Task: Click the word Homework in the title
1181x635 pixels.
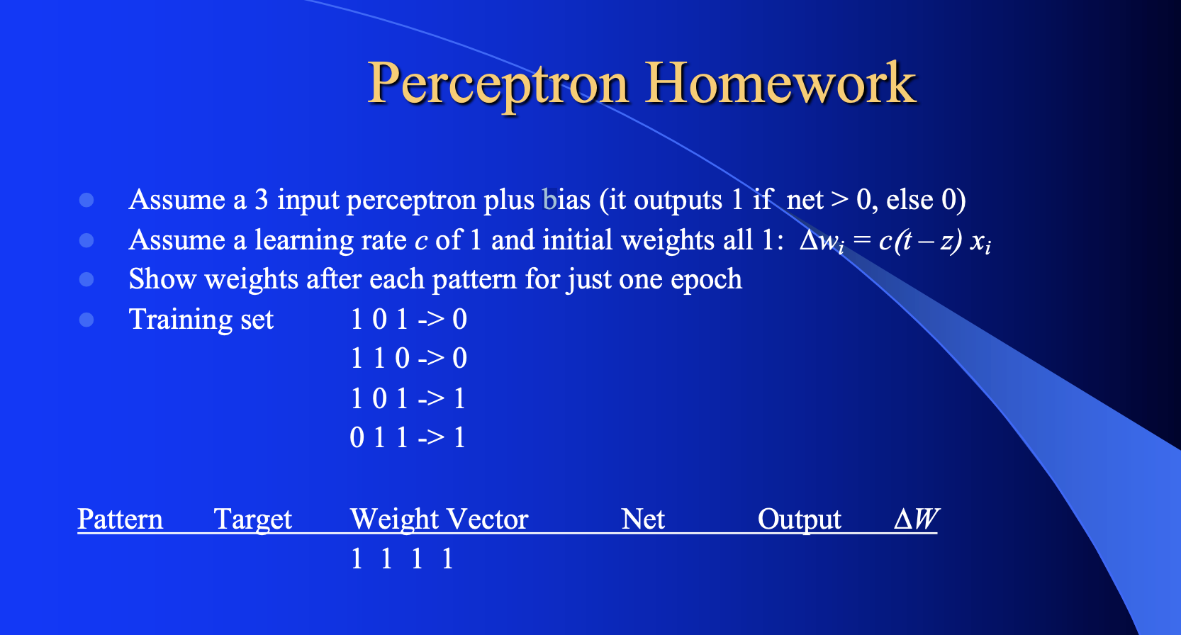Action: tap(780, 83)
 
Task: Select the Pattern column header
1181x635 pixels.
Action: tap(120, 519)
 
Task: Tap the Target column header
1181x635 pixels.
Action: tap(252, 519)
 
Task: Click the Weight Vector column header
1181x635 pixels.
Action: tap(439, 519)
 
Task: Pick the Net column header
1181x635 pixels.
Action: tap(642, 519)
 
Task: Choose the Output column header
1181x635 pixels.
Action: tap(799, 519)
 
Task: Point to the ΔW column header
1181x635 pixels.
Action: tap(915, 519)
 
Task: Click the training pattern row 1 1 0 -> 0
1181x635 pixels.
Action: tap(408, 359)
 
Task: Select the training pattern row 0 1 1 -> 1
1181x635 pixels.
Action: tap(408, 438)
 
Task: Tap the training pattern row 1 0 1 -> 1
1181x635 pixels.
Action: tap(408, 398)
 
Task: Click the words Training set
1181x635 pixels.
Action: tap(201, 320)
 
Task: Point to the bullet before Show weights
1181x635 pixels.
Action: tap(86, 279)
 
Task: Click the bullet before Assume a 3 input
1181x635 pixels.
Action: tap(86, 200)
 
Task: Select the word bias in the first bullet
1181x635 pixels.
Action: tap(566, 200)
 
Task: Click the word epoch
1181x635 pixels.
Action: tap(706, 280)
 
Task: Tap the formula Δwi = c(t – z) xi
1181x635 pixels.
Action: tap(895, 241)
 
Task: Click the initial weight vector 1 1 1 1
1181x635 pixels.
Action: tap(401, 559)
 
